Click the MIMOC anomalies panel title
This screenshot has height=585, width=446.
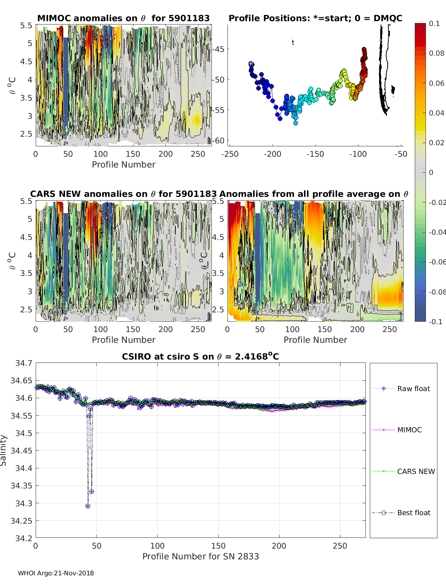click(123, 18)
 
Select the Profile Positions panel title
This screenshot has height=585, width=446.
click(315, 18)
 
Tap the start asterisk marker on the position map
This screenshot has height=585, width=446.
click(251, 64)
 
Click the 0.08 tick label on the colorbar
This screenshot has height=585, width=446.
click(436, 53)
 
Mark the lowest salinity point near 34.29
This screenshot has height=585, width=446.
click(88, 506)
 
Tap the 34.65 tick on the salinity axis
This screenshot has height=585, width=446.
click(22, 380)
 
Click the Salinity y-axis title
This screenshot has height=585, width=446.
click(4, 450)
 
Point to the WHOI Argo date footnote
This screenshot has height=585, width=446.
click(56, 573)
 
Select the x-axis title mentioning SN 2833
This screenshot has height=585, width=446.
click(200, 556)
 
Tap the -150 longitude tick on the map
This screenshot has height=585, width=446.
click(315, 154)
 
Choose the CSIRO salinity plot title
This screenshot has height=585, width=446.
click(200, 357)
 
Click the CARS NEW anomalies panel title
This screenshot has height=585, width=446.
click(123, 194)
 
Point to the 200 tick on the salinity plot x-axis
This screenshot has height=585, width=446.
click(279, 546)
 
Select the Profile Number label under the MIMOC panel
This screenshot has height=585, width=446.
click(123, 165)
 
